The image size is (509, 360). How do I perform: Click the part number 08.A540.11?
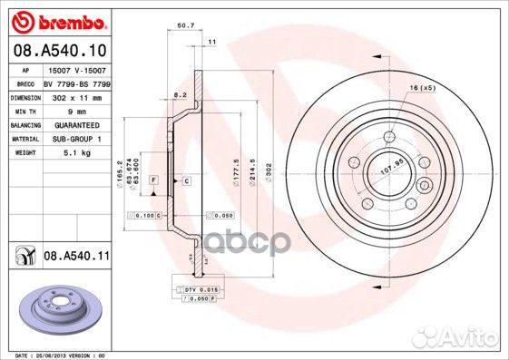76,258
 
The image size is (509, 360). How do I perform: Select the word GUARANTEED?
70,124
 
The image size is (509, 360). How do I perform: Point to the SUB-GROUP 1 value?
71,139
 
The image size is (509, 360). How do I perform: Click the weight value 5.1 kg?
62,153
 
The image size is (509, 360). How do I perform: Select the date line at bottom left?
55,355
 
